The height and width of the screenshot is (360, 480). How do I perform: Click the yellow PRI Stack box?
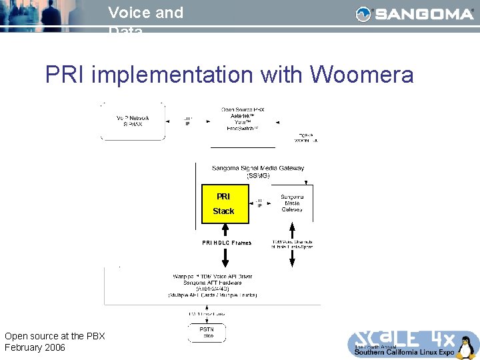pyautogui.click(x=224, y=203)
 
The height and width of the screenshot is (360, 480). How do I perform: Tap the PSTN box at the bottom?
pyautogui.click(x=207, y=332)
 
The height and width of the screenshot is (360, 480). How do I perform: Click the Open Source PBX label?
pyautogui.click(x=243, y=109)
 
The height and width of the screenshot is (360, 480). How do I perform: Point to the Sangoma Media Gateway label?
pyautogui.click(x=291, y=203)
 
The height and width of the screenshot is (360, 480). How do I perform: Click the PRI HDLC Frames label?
pyautogui.click(x=227, y=243)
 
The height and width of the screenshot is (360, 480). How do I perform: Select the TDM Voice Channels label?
pyautogui.click(x=292, y=243)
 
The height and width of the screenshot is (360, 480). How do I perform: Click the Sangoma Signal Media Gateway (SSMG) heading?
pyautogui.click(x=257, y=172)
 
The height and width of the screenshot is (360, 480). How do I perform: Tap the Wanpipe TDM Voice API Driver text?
pyautogui.click(x=212, y=276)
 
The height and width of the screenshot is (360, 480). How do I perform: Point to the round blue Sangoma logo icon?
pyautogui.click(x=363, y=14)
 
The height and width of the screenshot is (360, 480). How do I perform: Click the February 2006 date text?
pyautogui.click(x=35, y=347)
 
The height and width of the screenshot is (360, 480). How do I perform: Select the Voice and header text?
pyautogui.click(x=145, y=13)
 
